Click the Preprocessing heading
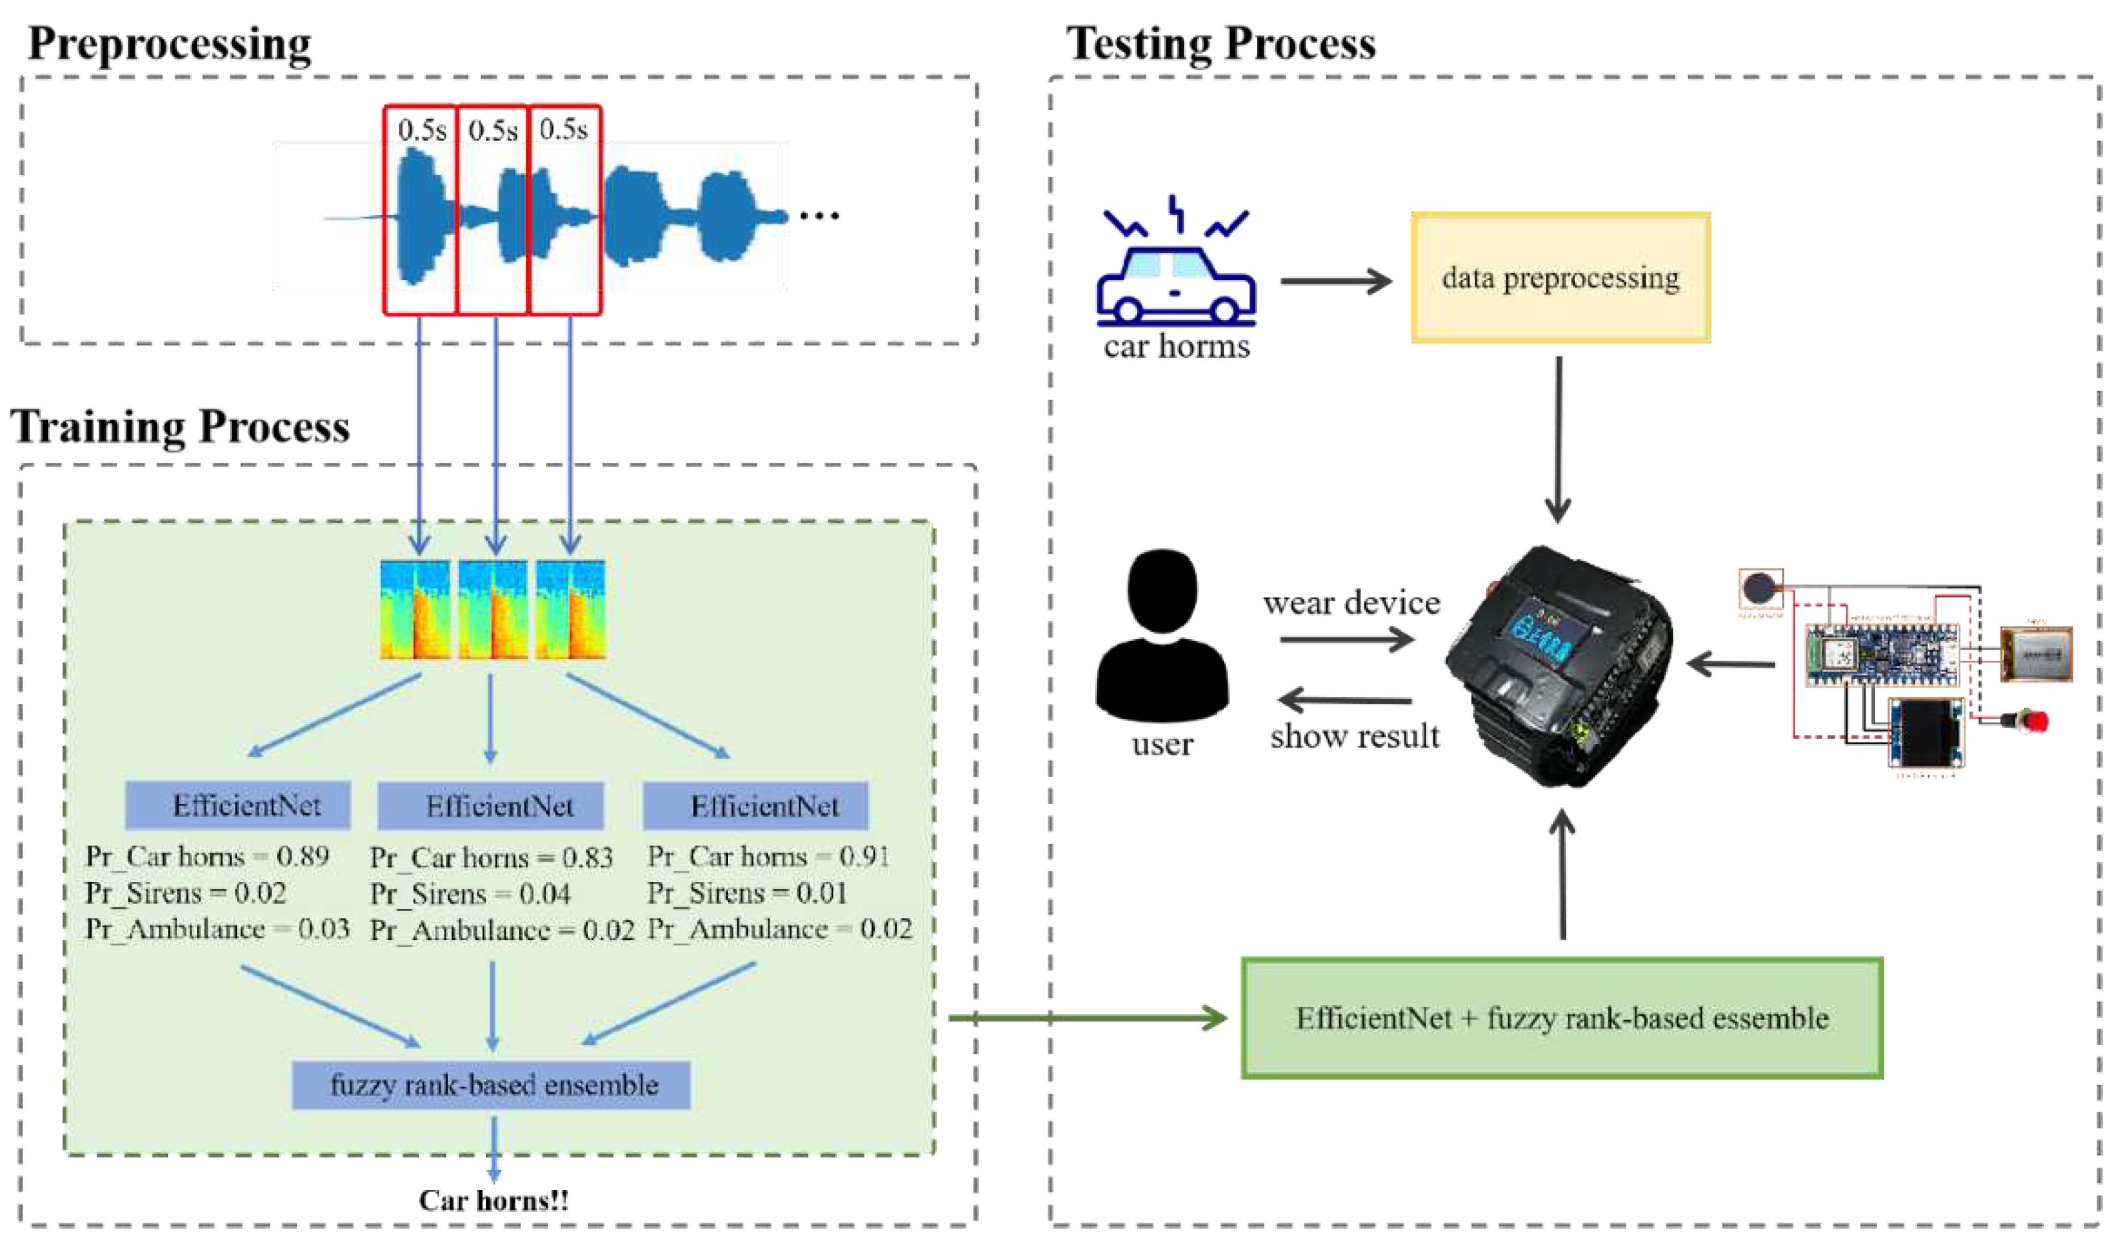(169, 44)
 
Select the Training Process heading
(180, 427)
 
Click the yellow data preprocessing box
(1561, 278)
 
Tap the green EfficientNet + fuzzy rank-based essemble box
(1561, 1018)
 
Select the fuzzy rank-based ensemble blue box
(492, 1085)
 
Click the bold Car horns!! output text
(494, 1201)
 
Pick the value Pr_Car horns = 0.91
(768, 856)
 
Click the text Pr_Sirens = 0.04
(470, 893)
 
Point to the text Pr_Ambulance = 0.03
(217, 929)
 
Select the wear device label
(1351, 603)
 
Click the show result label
(1355, 737)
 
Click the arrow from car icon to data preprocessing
(1336, 281)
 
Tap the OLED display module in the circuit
(1926, 734)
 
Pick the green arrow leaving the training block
(1085, 1018)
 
